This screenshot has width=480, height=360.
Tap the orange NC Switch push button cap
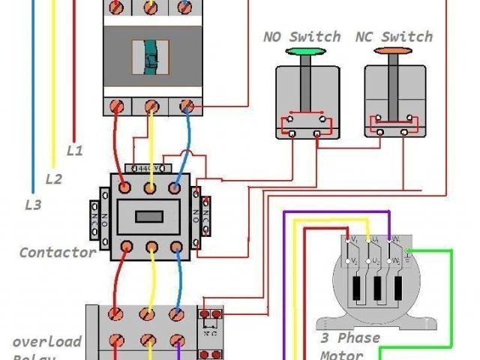click(391, 52)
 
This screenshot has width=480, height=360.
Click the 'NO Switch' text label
click(301, 37)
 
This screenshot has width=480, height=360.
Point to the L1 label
click(75, 150)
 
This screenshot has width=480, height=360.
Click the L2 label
click(53, 179)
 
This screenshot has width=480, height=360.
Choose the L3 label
click(32, 204)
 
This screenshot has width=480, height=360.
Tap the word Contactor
click(58, 252)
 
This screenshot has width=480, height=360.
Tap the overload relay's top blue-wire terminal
click(177, 315)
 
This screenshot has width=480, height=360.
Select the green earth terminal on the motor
click(407, 250)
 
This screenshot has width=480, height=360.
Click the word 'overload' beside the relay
click(46, 341)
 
